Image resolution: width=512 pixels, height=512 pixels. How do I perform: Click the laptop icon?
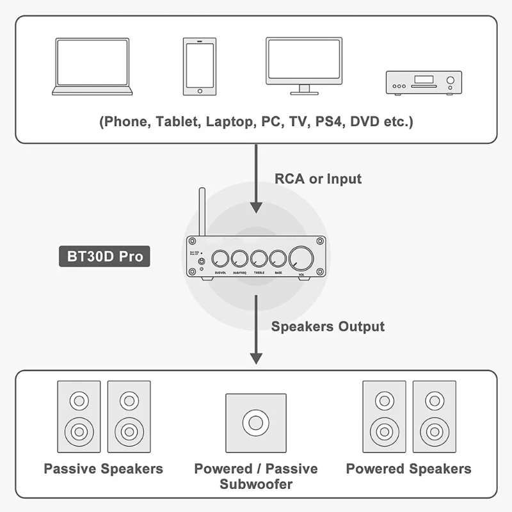click(x=92, y=67)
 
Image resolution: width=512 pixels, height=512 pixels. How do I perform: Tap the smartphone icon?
click(x=199, y=67)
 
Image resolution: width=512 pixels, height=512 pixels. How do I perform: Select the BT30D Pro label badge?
click(x=105, y=257)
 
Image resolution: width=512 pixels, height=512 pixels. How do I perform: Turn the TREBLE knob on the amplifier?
click(x=259, y=259)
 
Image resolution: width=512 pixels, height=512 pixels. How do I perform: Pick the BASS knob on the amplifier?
click(x=278, y=259)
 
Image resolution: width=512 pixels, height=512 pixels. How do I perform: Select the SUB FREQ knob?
click(x=241, y=259)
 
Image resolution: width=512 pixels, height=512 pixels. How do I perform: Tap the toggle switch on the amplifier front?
click(x=202, y=261)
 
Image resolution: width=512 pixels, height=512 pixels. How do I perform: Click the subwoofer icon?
click(x=255, y=424)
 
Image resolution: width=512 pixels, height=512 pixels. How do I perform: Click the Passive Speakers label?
click(x=104, y=468)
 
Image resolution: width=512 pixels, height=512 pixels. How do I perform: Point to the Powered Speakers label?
click(x=408, y=468)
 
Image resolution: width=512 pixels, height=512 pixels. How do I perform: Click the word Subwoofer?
click(x=256, y=484)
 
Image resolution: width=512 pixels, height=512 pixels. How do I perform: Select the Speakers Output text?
click(x=328, y=326)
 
